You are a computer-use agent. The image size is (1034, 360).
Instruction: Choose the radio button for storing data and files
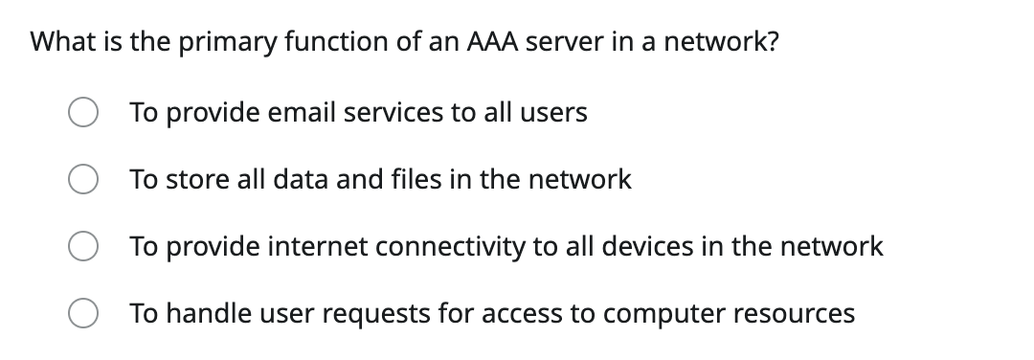pyautogui.click(x=82, y=181)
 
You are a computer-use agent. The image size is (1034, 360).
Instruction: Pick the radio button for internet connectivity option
pyautogui.click(x=82, y=248)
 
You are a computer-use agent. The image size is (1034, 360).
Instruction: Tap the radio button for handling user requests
pyautogui.click(x=82, y=315)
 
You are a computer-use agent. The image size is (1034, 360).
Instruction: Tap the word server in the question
pyautogui.click(x=568, y=43)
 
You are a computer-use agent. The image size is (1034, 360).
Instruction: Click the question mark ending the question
pyautogui.click(x=771, y=43)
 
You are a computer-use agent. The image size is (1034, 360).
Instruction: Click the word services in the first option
pyautogui.click(x=393, y=113)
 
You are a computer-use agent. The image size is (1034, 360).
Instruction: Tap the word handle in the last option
pyautogui.click(x=195, y=314)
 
